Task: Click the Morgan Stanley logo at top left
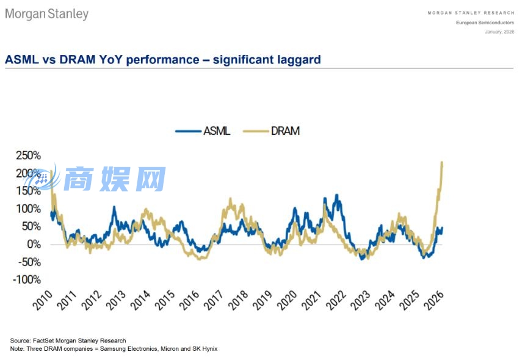pos(46,13)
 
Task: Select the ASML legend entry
pos(203,131)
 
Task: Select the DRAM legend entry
pos(271,131)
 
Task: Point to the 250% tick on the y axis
pos(29,155)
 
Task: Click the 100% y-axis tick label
pos(29,209)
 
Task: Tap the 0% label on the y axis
pos(34,244)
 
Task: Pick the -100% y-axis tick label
pos(27,279)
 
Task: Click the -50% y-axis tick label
pos(29,262)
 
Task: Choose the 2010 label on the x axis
pos(43,300)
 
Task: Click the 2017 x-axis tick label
pos(214,300)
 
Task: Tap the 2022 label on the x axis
pos(336,300)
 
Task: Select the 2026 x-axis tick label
pos(434,300)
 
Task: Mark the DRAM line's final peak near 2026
pos(442,162)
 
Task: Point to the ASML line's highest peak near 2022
pos(336,195)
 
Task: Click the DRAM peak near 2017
pos(230,199)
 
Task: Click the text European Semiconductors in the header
pos(485,23)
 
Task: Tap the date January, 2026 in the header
pos(499,32)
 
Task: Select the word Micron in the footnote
pos(170,348)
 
